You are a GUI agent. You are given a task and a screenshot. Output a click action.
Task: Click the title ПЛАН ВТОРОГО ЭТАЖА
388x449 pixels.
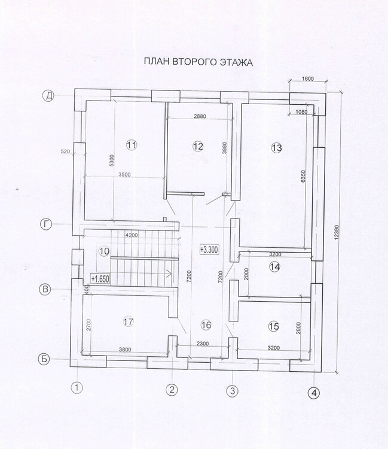point(198,62)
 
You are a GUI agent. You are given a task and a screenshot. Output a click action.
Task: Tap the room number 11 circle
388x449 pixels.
point(132,145)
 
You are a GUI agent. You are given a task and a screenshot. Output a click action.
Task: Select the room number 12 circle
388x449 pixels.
point(198,147)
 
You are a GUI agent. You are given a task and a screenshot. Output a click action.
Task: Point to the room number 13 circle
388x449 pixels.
point(276,148)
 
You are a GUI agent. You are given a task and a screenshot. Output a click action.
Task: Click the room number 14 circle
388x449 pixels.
point(275,267)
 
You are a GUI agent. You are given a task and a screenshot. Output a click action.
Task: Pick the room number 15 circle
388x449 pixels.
point(274,326)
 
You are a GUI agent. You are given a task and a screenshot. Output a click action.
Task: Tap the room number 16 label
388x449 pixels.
point(206,325)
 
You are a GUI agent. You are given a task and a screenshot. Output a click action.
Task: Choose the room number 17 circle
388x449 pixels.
point(129,322)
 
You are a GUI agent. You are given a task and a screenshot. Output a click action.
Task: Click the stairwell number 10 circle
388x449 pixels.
point(104,251)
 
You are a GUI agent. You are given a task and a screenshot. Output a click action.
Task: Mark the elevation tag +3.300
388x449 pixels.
point(209,250)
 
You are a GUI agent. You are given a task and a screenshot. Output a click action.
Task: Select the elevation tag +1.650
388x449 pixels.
point(100,279)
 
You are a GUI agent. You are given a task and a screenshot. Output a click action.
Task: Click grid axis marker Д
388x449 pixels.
point(48,96)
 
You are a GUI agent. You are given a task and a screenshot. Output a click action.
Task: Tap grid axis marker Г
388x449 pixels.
point(46,224)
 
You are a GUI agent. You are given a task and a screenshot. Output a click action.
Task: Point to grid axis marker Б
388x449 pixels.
point(44,359)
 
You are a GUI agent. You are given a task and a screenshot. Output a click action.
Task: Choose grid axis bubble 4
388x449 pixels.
point(314,393)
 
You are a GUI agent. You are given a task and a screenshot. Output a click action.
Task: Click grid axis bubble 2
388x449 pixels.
point(172,390)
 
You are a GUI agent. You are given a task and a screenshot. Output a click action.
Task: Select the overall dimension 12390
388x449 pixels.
point(336,232)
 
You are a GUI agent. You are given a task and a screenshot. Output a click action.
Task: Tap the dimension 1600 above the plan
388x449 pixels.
point(308,79)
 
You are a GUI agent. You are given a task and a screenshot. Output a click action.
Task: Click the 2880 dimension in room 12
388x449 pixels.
point(200,116)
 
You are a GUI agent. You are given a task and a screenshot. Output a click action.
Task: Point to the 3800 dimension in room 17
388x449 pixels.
point(125,350)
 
